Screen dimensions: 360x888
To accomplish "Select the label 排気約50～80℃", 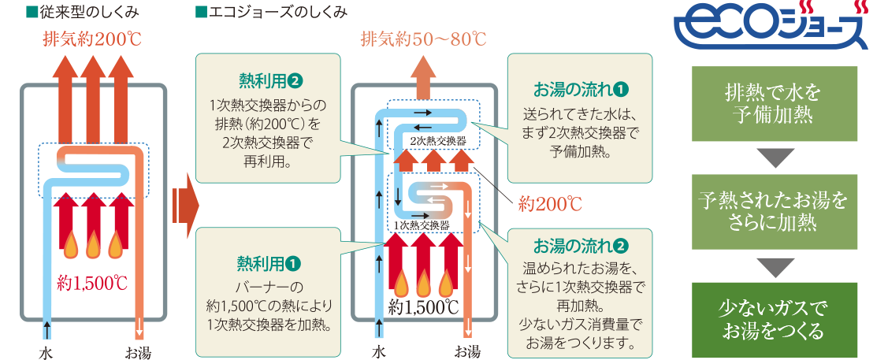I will (x=423, y=39).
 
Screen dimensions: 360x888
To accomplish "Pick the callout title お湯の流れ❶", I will (x=581, y=87).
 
